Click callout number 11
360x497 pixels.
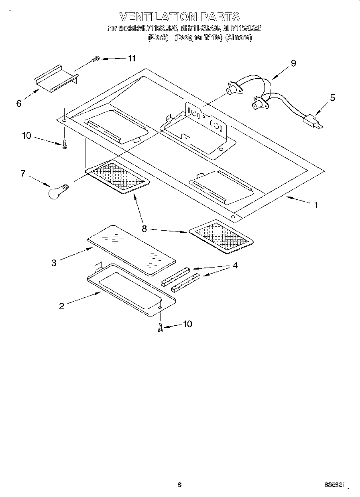click(x=131, y=58)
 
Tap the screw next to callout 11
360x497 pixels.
click(x=95, y=60)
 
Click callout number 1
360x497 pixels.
click(x=316, y=205)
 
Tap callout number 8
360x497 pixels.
click(x=144, y=229)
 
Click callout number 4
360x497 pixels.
click(x=235, y=266)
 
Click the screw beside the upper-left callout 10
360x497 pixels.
click(x=65, y=145)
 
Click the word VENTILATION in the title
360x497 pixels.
click(x=158, y=16)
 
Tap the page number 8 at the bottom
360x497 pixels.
click(x=180, y=485)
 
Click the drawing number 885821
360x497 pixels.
click(x=334, y=485)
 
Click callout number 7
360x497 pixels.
click(x=23, y=174)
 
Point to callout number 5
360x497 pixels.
click(x=332, y=98)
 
